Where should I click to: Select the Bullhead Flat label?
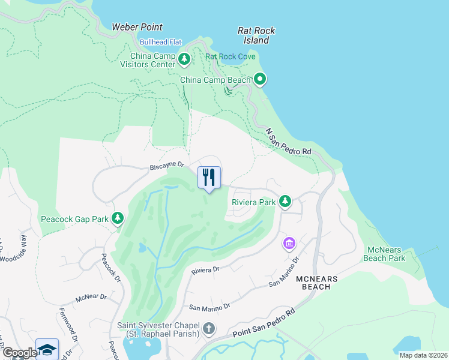tap(160, 42)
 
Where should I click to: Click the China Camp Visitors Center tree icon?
tap(185, 59)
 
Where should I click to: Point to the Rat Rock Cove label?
tap(231, 57)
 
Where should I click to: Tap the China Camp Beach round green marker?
tap(260, 79)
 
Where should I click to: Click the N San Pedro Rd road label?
tap(289, 142)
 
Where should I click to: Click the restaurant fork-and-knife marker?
tap(209, 178)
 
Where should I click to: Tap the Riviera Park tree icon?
tap(286, 202)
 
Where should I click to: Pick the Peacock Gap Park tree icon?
tap(118, 218)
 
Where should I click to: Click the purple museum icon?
tap(289, 244)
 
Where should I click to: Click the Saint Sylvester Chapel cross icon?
tap(208, 328)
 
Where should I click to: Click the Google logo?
tap(19, 353)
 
